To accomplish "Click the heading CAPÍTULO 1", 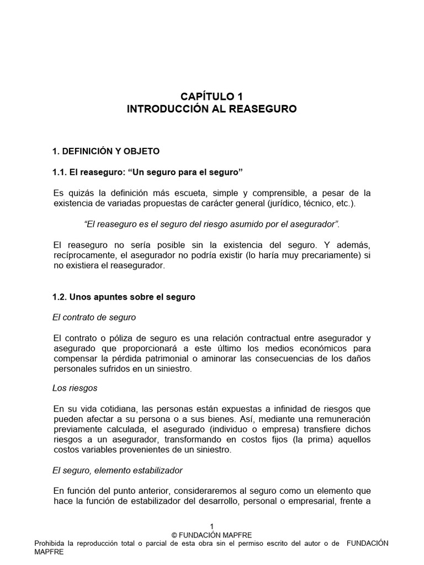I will tap(211, 97).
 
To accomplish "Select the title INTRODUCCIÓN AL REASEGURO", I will tap(211, 109).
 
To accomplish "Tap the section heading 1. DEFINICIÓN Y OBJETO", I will tap(105, 151).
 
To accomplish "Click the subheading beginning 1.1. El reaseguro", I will tap(147, 173).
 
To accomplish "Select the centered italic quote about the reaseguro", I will tap(211, 225).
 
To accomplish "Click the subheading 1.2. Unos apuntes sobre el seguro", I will tap(124, 297).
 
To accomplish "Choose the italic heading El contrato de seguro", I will tap(94, 317).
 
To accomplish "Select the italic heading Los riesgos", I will tap(75, 388).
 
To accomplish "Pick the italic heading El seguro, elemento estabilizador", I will tap(118, 470).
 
